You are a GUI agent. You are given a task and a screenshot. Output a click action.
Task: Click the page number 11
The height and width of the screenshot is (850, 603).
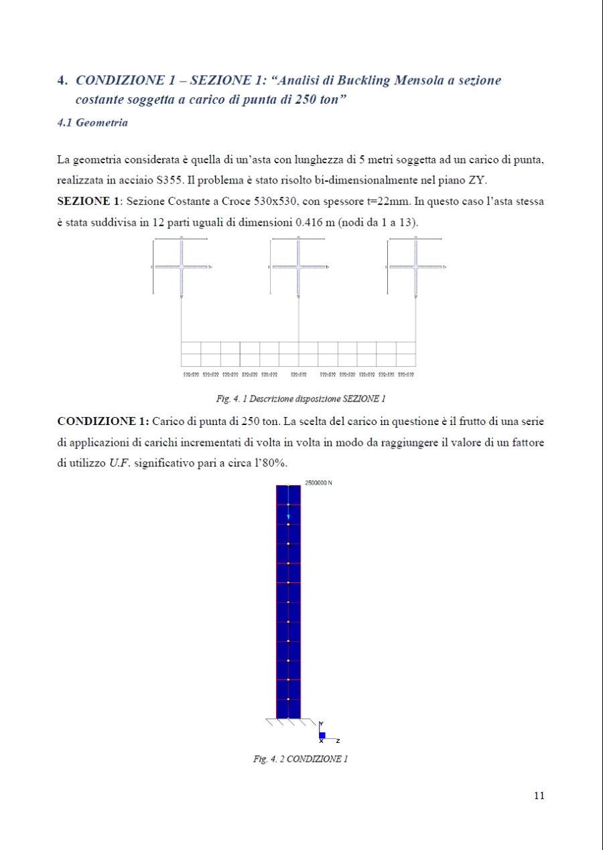pos(539,795)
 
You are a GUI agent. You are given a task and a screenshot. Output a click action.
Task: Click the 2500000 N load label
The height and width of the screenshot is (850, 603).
pos(319,483)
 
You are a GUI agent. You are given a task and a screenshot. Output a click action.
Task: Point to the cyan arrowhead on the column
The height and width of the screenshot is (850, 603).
pos(289,517)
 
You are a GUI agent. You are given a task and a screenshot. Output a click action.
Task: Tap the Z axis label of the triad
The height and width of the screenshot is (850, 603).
pos(338,741)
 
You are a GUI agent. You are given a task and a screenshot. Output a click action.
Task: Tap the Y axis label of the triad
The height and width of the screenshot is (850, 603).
pos(322,724)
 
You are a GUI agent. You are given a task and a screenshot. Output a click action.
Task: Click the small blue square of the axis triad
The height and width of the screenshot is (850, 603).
pos(322,735)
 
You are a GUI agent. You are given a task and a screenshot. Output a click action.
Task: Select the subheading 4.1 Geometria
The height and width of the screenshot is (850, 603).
pos(93,122)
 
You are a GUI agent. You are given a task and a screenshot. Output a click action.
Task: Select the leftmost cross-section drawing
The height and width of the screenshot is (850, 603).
pos(181,267)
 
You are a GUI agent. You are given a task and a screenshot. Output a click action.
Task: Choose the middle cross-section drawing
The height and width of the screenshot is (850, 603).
pos(298,267)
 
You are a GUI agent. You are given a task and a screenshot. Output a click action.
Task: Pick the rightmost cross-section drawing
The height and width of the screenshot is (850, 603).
pos(415,267)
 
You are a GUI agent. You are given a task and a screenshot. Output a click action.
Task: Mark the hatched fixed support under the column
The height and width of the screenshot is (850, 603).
pos(289,723)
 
